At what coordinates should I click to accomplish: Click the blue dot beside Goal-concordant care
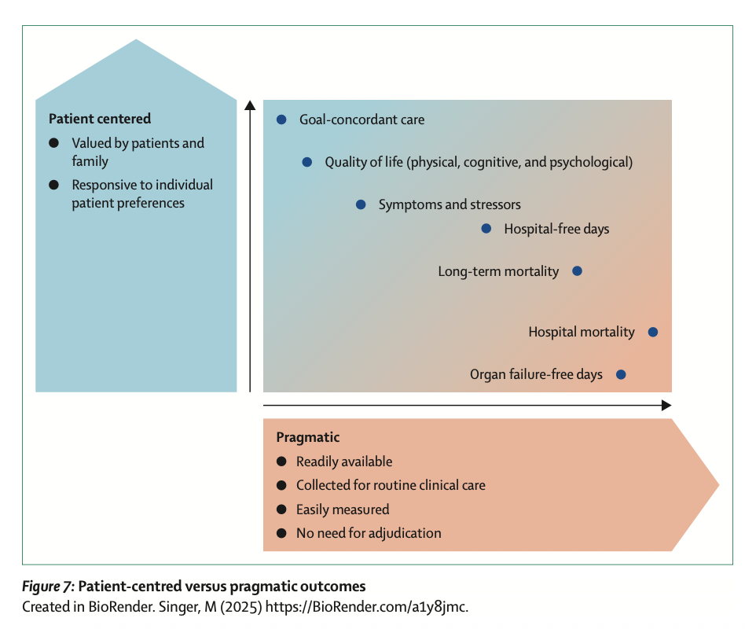coord(281,120)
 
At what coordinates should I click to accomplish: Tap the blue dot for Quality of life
coord(307,162)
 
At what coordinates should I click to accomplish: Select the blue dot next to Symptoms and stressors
coord(361,204)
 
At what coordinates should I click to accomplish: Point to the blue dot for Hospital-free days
coord(486,229)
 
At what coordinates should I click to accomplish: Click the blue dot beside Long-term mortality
coord(577,271)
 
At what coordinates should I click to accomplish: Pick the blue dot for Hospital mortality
coord(652,332)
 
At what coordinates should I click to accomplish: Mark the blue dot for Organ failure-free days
coord(621,374)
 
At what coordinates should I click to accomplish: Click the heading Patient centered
coord(100,119)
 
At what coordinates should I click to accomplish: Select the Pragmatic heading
coord(308,437)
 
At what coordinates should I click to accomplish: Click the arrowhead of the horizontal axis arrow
coord(666,405)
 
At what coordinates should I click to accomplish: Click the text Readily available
coord(344,462)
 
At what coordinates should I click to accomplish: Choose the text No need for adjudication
coord(369,533)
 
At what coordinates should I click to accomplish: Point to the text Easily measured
coord(343,509)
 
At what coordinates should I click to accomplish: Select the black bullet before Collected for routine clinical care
coord(281,485)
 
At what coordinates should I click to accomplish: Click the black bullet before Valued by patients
coord(53,143)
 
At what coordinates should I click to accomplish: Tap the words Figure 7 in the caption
coord(47,587)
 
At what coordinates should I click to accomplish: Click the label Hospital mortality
coord(582,332)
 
